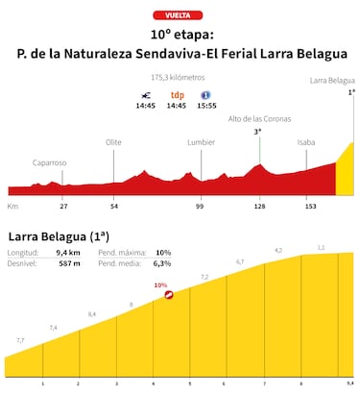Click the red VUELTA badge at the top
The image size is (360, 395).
[x=180, y=16]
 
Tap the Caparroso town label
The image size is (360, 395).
[x=50, y=162]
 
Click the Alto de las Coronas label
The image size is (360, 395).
[x=258, y=119]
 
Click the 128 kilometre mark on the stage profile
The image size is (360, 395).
[x=259, y=206]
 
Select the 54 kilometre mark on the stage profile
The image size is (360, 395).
[x=114, y=206]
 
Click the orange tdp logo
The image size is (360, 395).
[x=178, y=95]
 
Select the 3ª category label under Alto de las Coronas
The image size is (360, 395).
[x=258, y=132]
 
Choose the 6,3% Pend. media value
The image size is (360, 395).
[x=162, y=263]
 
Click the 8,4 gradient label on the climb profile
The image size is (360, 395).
[x=92, y=314]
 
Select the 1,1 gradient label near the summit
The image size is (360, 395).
[x=321, y=248]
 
